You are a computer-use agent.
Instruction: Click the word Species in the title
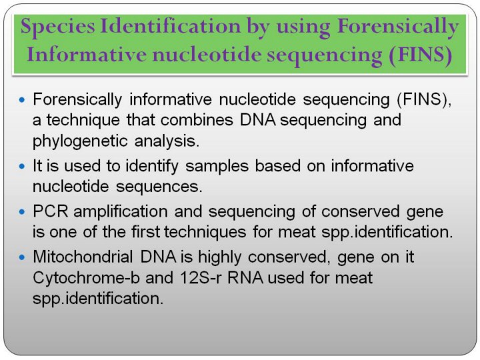[57, 27]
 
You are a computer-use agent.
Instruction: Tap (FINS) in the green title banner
[421, 55]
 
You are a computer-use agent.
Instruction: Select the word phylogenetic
[80, 141]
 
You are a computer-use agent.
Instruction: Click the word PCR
[50, 211]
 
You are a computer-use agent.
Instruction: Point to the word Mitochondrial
[83, 257]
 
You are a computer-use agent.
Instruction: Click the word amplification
[121, 211]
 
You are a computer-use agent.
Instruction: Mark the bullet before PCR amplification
[22, 211]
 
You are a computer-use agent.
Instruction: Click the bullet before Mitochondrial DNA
[22, 257]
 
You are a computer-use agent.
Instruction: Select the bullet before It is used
[22, 166]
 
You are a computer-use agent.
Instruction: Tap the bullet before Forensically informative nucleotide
[22, 99]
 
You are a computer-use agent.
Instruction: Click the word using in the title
[303, 27]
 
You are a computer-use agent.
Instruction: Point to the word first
[146, 232]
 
